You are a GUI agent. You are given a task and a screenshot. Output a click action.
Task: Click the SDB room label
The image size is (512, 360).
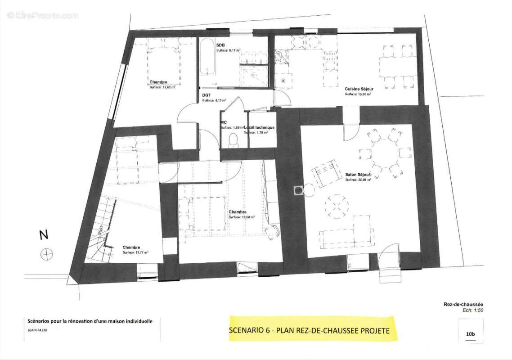220,45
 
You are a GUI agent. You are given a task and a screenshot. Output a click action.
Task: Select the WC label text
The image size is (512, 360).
223,122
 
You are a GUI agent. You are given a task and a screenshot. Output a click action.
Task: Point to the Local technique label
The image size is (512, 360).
260,127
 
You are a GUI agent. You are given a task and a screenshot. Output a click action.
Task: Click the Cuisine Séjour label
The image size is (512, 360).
359,89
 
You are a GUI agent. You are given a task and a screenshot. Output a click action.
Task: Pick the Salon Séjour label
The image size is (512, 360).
358,175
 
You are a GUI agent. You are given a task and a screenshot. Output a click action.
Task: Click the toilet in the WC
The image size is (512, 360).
233,140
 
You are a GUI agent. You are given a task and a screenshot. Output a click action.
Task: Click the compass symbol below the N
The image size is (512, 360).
46,254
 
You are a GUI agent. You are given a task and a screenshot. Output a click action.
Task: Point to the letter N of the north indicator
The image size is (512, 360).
43,235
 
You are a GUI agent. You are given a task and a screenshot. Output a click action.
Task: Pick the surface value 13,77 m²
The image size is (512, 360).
135,253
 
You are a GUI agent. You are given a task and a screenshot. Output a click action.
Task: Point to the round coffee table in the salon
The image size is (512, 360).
337,206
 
